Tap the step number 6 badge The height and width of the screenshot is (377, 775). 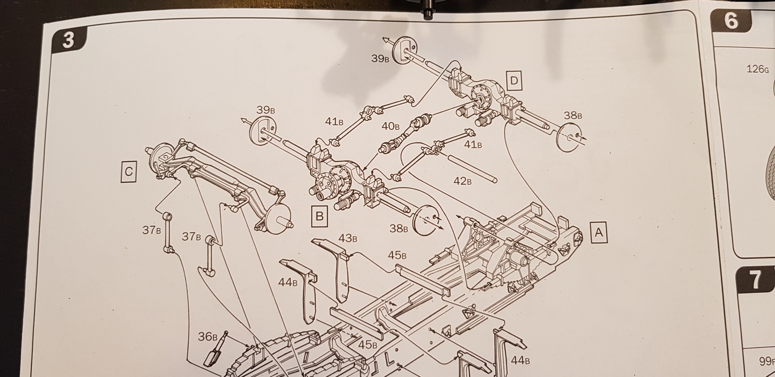(731, 21)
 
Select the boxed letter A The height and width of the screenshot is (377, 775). (599, 232)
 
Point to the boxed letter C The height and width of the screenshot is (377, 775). (128, 171)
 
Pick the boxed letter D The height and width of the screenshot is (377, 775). (514, 81)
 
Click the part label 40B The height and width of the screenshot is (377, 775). (390, 126)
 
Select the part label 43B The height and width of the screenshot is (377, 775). (348, 239)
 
